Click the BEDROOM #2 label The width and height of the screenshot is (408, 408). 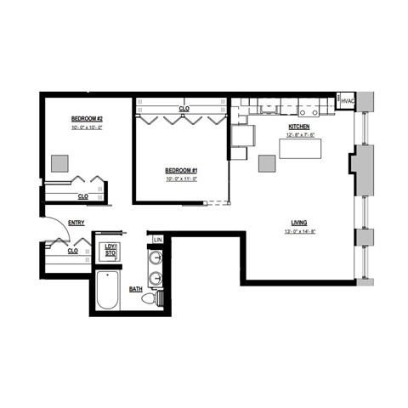(x=87, y=118)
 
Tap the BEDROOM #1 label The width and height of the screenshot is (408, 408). (x=181, y=171)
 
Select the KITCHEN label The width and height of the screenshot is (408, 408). (x=300, y=127)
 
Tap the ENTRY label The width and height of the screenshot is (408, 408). (x=76, y=224)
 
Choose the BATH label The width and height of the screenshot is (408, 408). (x=136, y=289)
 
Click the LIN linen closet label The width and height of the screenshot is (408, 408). (x=157, y=241)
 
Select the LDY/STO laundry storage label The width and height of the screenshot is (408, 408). (x=110, y=250)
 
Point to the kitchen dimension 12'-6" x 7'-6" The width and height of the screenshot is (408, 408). (x=300, y=134)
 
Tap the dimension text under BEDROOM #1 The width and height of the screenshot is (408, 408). (x=181, y=178)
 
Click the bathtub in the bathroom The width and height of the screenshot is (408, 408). (x=109, y=292)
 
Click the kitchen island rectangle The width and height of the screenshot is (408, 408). (x=303, y=149)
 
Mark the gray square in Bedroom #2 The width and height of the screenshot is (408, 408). (x=59, y=162)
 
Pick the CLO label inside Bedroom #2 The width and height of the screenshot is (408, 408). (x=82, y=196)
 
